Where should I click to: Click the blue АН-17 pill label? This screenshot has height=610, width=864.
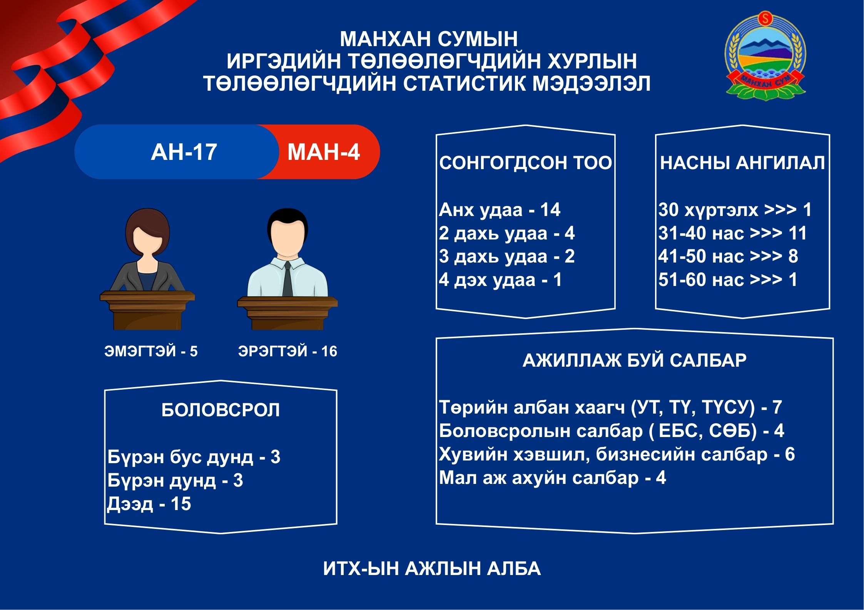(x=184, y=152)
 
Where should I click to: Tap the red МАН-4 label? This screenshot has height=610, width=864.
(x=324, y=152)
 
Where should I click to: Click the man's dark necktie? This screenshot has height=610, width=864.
(x=287, y=279)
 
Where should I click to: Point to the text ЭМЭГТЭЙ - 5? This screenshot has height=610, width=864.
(x=151, y=351)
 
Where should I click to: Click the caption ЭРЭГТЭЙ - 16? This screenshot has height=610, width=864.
(x=287, y=351)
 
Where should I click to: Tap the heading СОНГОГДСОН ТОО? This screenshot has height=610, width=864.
(x=525, y=163)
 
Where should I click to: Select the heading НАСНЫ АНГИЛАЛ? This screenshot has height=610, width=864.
(x=742, y=163)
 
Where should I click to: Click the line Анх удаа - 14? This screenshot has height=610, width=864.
(x=500, y=210)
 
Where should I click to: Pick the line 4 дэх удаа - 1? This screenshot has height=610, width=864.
(x=500, y=280)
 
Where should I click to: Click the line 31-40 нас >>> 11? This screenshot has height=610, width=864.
(x=732, y=233)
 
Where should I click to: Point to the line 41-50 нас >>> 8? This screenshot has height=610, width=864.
(x=728, y=256)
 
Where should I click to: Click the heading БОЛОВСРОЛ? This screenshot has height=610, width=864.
(x=221, y=410)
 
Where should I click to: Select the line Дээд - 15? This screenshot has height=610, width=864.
(x=149, y=504)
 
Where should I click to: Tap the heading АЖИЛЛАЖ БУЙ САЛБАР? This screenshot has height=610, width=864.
(x=635, y=361)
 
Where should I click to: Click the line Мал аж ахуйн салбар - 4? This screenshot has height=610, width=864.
(x=552, y=478)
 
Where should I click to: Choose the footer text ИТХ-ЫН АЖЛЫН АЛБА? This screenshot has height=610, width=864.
(x=432, y=569)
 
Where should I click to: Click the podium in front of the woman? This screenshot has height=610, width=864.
(x=147, y=310)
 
